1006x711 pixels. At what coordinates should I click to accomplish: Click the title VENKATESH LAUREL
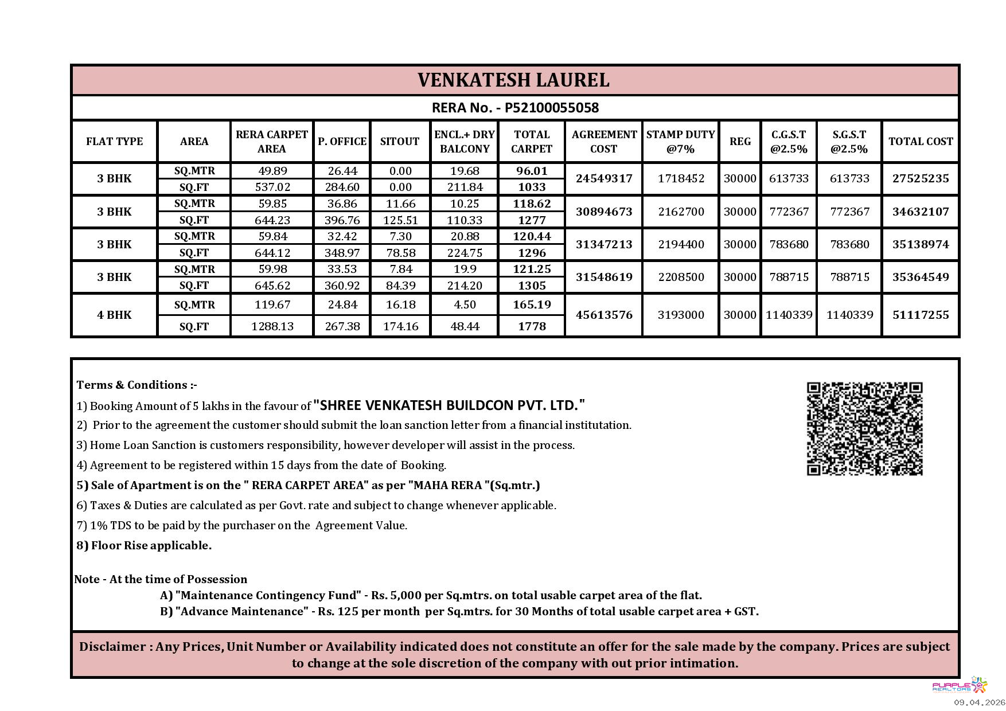click(513, 80)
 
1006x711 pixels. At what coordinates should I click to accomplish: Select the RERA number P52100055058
click(515, 108)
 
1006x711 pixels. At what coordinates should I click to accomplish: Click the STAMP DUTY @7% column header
click(680, 142)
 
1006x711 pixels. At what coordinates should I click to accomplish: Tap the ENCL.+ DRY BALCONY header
click(464, 142)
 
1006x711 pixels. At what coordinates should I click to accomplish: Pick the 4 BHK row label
click(114, 315)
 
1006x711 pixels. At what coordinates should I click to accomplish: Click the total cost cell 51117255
click(921, 315)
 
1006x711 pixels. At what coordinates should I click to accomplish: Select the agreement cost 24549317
click(604, 178)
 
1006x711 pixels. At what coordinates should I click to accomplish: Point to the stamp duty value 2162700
click(681, 212)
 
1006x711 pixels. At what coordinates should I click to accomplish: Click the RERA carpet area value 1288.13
click(272, 326)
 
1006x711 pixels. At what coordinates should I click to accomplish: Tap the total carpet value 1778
click(532, 326)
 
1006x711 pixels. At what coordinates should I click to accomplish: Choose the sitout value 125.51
click(400, 220)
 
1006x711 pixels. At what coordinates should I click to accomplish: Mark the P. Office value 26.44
click(342, 171)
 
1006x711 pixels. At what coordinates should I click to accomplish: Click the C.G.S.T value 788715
click(789, 277)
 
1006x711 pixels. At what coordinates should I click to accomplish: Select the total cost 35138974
click(921, 244)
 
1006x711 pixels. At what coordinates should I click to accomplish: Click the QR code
click(864, 429)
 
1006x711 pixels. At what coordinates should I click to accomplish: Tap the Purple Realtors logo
click(960, 686)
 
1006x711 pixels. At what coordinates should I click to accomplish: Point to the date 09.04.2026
click(979, 702)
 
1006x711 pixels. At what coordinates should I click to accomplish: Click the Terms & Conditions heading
click(137, 385)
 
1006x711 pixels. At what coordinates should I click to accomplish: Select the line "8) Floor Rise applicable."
click(144, 545)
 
